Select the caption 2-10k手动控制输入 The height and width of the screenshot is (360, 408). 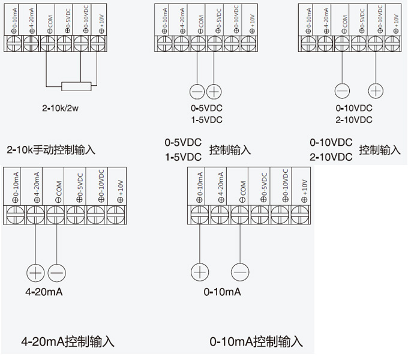(x=51, y=149)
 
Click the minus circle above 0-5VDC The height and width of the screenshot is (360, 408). (x=197, y=91)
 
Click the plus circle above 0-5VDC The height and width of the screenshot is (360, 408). (x=214, y=91)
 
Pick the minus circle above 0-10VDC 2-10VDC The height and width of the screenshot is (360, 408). (x=342, y=91)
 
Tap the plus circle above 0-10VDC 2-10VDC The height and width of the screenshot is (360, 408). (x=376, y=91)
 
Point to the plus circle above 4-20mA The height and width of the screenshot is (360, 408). (x=35, y=272)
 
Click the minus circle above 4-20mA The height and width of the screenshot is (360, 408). (x=56, y=272)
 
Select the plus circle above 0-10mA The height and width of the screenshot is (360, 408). (x=199, y=271)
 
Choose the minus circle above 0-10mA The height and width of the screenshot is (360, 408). (x=239, y=271)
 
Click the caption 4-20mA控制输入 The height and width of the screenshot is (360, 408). (x=67, y=342)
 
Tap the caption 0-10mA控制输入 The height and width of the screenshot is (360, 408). (x=256, y=342)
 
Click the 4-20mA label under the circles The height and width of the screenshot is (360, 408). (x=44, y=292)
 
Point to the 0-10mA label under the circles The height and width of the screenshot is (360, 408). (x=222, y=292)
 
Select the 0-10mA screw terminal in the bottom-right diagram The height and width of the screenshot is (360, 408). (x=199, y=213)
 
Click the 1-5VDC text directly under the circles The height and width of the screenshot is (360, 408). (x=206, y=120)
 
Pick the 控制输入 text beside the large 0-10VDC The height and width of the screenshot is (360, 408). (x=380, y=150)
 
